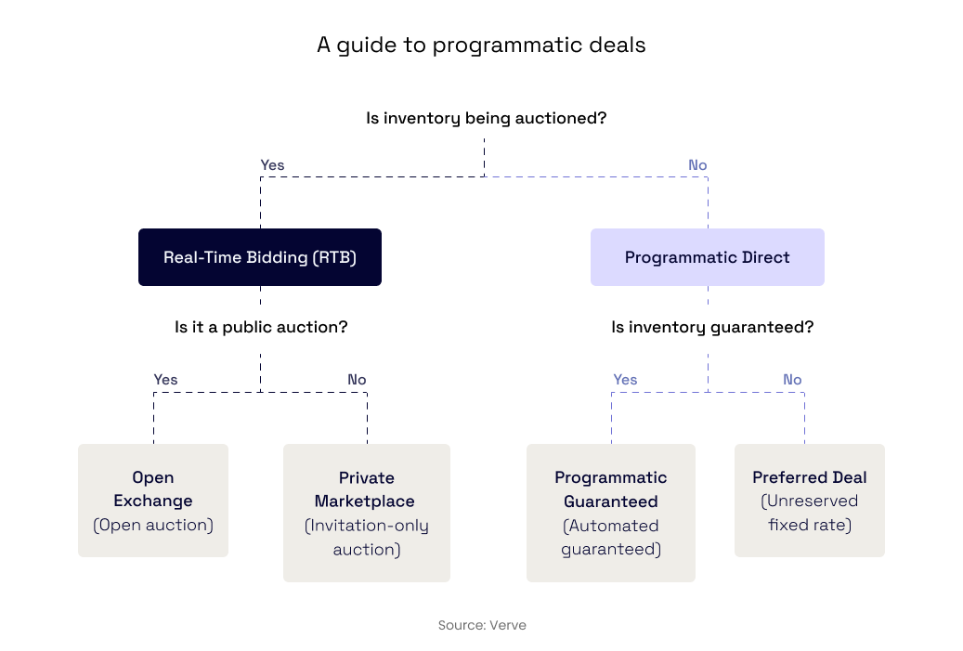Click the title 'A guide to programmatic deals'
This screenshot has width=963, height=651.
pyautogui.click(x=481, y=45)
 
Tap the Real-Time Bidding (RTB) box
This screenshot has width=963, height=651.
pyautogui.click(x=260, y=257)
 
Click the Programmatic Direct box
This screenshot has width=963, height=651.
pyautogui.click(x=708, y=257)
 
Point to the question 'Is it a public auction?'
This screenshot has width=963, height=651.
pyautogui.click(x=261, y=327)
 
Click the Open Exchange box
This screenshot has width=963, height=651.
pyautogui.click(x=153, y=500)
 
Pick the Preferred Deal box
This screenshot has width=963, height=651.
pyautogui.click(x=810, y=500)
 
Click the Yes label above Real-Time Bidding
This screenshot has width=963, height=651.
pyautogui.click(x=272, y=165)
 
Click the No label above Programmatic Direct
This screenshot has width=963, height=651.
pyautogui.click(x=697, y=165)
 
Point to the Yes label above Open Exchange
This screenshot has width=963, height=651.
pyautogui.click(x=165, y=380)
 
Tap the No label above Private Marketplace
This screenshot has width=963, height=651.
pyautogui.click(x=357, y=380)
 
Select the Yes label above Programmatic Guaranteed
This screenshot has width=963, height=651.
pyautogui.click(x=625, y=380)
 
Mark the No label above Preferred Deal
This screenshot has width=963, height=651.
pyautogui.click(x=792, y=380)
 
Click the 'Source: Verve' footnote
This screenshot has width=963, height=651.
pyautogui.click(x=482, y=625)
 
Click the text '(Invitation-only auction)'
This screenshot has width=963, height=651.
pyautogui.click(x=367, y=538)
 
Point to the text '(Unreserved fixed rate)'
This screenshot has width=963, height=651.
pyautogui.click(x=810, y=513)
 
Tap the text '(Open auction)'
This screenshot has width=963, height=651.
pyautogui.click(x=153, y=525)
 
